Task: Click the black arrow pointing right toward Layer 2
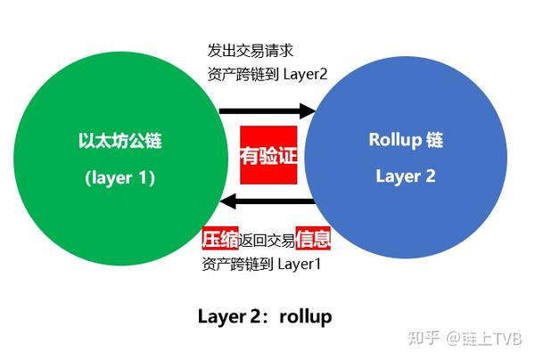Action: tap(267, 111)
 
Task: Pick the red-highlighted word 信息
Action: tap(313, 240)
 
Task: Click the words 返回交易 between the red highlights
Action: tap(266, 241)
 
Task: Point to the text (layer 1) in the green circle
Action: tap(120, 177)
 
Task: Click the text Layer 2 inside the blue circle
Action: tap(405, 176)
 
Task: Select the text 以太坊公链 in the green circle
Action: tap(120, 141)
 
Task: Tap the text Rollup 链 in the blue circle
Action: tap(405, 140)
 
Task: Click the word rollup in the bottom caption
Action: tap(307, 315)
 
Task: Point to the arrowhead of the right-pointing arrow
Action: tap(309, 111)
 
